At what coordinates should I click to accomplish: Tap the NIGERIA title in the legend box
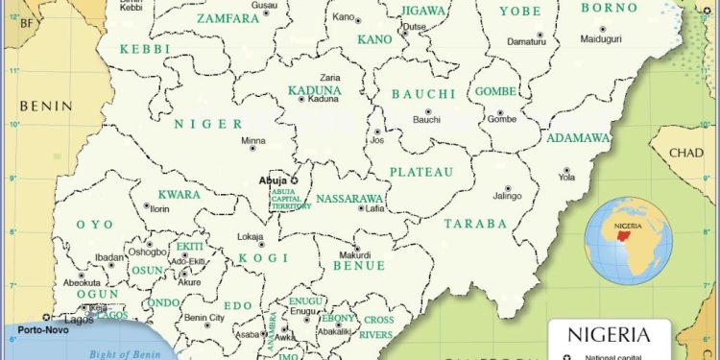[606, 335]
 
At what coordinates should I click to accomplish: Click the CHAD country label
[685, 153]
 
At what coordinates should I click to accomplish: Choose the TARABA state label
[474, 224]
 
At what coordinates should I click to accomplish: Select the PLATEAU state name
[420, 172]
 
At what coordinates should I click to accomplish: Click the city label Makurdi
[353, 254]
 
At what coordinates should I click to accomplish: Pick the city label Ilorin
[158, 208]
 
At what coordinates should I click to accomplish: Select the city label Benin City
[204, 318]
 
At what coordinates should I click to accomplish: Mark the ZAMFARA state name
[228, 18]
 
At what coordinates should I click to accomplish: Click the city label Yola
[567, 178]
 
